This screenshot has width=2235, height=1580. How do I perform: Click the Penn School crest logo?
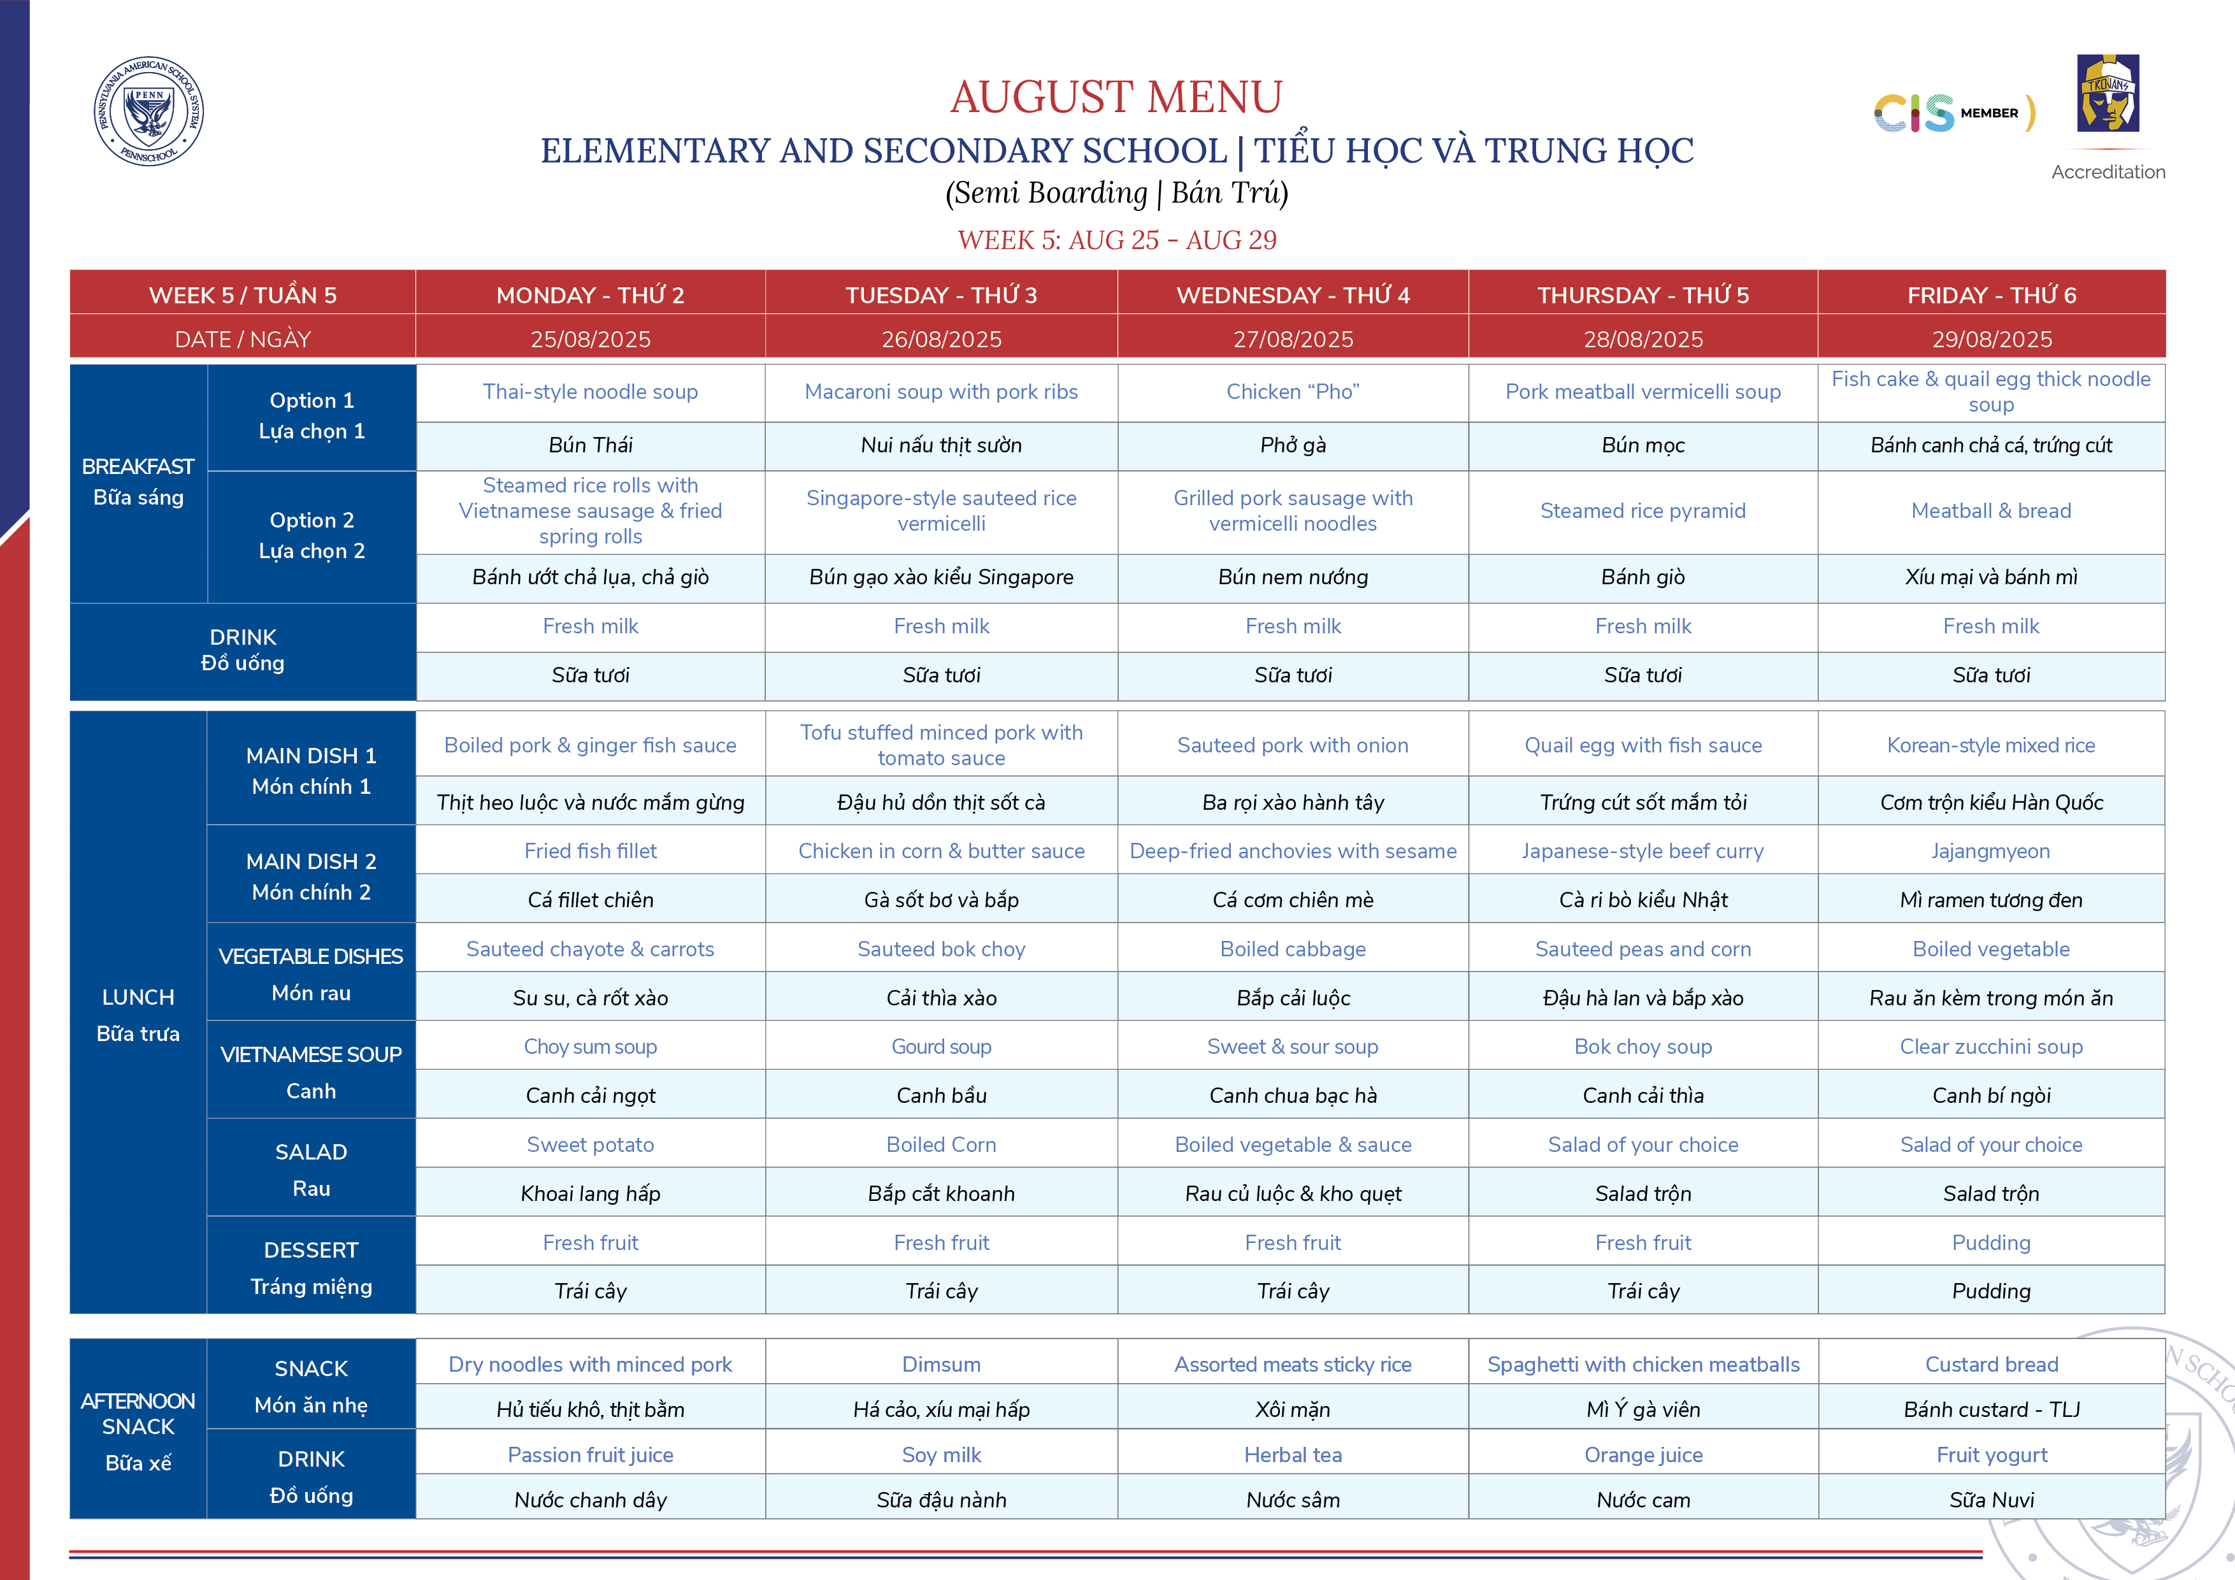(149, 111)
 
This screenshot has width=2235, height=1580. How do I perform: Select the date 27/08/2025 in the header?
(1293, 339)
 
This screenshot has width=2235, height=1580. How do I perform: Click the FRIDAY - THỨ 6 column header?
(1991, 295)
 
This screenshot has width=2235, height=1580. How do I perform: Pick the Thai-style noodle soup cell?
(590, 391)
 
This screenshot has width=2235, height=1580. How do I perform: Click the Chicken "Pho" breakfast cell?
(1293, 391)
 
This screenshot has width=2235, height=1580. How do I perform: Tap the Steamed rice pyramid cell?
(1642, 510)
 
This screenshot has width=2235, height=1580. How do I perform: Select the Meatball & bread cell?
(1991, 510)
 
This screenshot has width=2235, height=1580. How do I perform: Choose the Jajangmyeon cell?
(1991, 851)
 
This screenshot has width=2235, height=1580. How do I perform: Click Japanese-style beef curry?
(1642, 851)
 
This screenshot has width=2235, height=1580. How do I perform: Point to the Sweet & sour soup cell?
(1293, 1047)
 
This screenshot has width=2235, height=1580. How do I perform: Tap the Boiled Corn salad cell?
(940, 1145)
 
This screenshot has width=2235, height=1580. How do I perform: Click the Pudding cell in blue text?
(1991, 1242)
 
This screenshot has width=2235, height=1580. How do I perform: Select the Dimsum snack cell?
(940, 1364)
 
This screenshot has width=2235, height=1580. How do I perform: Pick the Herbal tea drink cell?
(1293, 1454)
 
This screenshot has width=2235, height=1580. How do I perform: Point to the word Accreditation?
(2108, 172)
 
